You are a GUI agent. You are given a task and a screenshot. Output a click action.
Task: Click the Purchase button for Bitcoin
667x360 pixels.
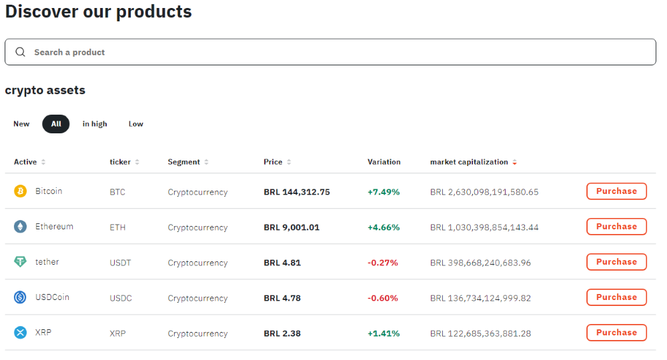click(616, 191)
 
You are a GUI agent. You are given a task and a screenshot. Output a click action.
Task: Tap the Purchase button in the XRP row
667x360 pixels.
click(616, 333)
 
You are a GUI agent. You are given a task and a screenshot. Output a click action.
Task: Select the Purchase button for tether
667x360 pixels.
click(616, 262)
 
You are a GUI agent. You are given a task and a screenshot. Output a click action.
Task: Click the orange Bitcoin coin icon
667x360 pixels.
click(21, 191)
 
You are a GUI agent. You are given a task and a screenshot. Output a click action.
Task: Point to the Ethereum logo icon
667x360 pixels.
click(21, 227)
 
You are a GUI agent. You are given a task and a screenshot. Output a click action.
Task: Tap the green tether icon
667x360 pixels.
click(21, 262)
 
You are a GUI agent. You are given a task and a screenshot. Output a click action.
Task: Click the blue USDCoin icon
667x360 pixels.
click(21, 297)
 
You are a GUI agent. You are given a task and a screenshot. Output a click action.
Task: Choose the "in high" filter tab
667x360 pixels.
click(95, 124)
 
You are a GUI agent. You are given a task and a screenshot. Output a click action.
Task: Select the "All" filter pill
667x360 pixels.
click(56, 124)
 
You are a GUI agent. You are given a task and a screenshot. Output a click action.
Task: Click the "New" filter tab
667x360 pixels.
click(21, 124)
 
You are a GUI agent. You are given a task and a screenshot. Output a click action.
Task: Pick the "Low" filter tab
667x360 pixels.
click(136, 124)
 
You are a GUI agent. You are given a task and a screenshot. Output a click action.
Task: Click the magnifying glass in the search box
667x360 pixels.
click(21, 52)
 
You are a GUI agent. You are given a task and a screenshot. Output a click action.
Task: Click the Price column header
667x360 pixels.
click(273, 162)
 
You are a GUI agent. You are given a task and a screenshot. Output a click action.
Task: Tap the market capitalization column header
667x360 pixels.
click(470, 162)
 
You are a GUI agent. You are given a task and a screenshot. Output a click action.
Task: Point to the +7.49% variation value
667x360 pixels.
click(384, 192)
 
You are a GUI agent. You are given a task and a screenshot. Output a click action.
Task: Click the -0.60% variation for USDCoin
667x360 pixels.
click(383, 298)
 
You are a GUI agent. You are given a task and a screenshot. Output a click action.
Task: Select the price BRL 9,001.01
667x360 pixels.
click(291, 227)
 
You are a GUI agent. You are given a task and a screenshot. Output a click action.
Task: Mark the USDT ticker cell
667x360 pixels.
click(121, 263)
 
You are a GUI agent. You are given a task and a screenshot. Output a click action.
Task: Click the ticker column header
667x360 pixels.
click(120, 162)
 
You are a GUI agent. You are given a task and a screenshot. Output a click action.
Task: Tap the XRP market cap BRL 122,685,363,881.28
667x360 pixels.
click(480, 333)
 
